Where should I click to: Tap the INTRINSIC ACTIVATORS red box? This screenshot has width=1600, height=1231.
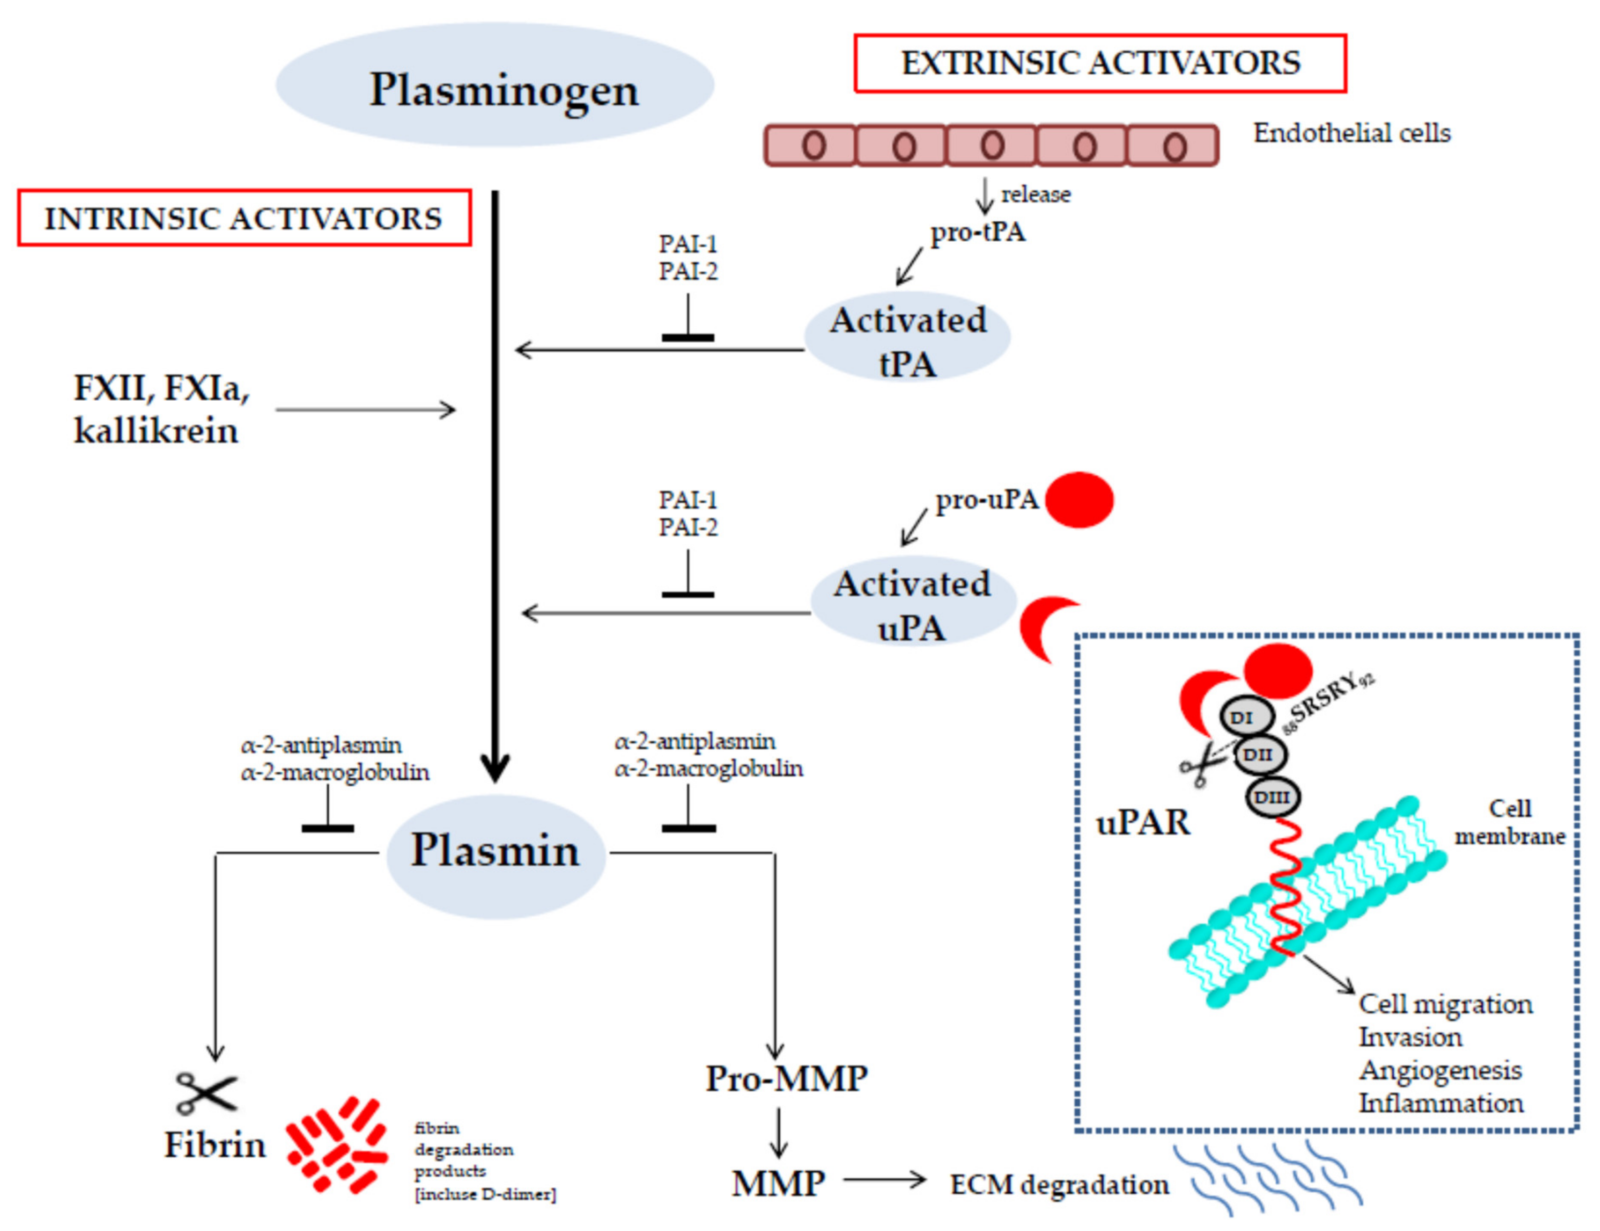pos(244,218)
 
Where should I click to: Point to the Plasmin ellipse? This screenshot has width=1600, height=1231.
pos(496,852)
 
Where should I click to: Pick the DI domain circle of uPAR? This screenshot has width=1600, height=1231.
pos(1246,717)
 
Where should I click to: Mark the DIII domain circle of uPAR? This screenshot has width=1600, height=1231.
pos(1273,797)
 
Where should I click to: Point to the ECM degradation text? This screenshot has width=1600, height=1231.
pos(1060,1184)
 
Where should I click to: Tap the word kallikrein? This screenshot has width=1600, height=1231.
pos(156,430)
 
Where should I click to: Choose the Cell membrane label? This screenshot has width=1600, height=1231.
pos(1509,822)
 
